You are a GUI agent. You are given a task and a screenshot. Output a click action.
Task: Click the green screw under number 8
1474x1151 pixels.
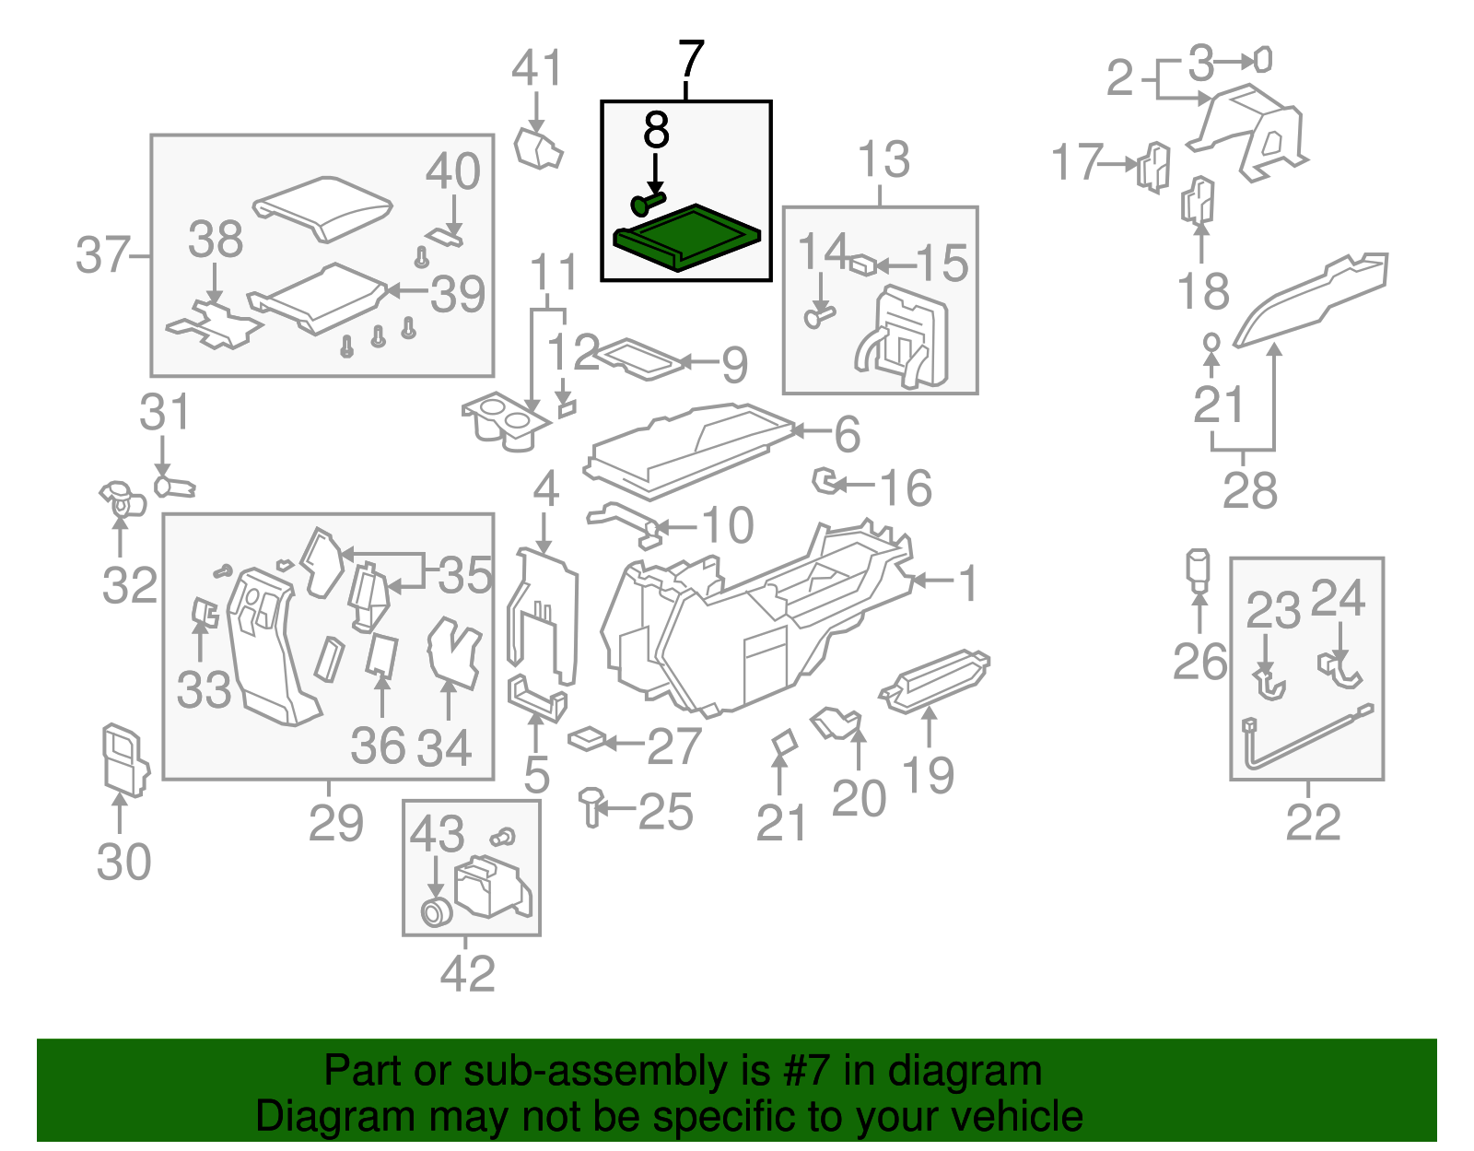(648, 202)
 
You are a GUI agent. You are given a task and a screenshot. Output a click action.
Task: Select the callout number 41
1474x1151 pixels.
(537, 69)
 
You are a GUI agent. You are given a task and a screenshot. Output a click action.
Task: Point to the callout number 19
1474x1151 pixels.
(928, 775)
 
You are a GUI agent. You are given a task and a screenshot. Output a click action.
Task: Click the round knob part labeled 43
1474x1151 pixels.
(434, 912)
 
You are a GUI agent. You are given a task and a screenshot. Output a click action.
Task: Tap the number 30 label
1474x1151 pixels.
(123, 863)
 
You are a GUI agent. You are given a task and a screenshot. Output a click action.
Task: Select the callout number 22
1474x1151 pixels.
(1313, 822)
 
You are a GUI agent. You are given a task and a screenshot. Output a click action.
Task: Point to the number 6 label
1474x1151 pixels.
(847, 434)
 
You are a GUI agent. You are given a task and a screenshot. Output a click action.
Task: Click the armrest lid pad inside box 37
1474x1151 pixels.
(322, 207)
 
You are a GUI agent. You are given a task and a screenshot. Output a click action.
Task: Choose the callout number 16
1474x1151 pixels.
(907, 488)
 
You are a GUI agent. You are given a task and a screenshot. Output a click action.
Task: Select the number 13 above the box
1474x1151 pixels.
(883, 160)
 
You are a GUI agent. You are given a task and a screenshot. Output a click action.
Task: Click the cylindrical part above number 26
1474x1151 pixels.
(1198, 570)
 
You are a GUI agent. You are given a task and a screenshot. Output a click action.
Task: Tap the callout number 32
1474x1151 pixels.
(130, 585)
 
